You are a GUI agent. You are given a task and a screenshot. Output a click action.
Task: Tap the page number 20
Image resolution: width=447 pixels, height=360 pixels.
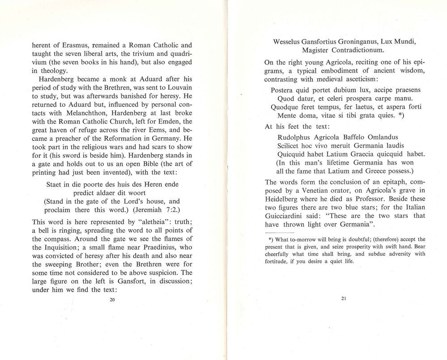[112, 300]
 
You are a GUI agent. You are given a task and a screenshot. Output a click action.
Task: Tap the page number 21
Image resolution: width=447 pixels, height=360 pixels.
[343, 299]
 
